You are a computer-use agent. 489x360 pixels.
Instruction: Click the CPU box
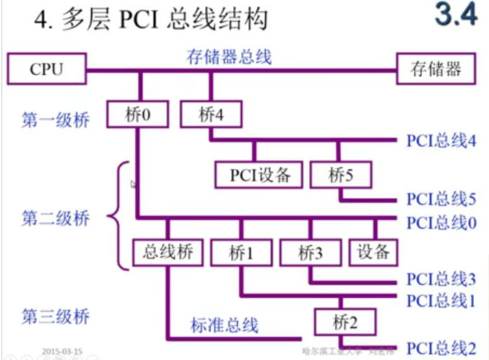[46, 69]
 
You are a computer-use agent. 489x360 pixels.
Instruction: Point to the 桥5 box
[339, 174]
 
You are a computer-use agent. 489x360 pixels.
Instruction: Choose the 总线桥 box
[168, 252]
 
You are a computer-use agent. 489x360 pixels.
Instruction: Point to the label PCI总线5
[441, 199]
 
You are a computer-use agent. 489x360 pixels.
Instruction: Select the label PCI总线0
[441, 222]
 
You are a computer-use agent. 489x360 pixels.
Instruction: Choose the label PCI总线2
[441, 348]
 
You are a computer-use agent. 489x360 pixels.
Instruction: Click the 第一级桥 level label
[55, 119]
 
